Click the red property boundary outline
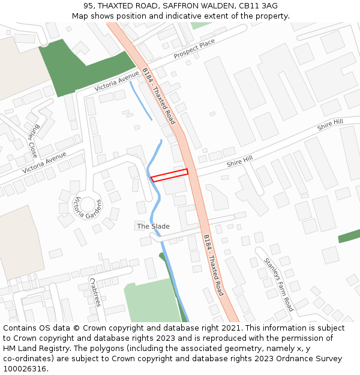point(169,175)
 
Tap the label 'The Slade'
point(153,226)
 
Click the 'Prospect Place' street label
point(194,49)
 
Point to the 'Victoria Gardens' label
point(86,208)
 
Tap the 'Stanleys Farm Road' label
point(278,284)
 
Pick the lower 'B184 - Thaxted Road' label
point(213,265)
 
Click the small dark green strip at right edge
point(349,236)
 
